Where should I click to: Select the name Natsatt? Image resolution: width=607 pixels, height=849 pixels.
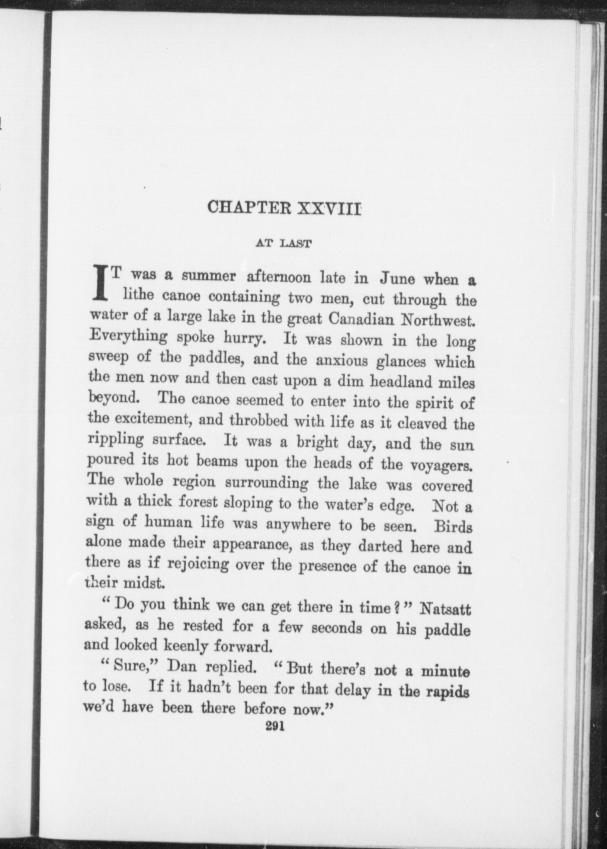(x=445, y=610)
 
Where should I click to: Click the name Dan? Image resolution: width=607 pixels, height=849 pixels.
(x=180, y=667)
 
